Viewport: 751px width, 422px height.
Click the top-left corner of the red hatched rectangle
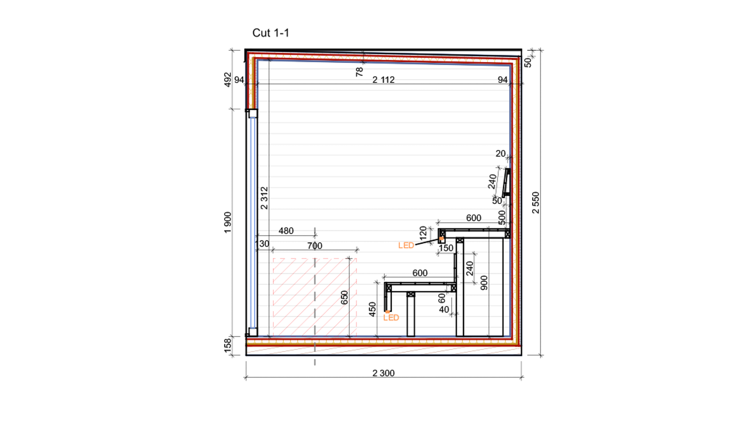[x=273, y=258]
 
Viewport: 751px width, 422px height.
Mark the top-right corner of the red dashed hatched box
[x=356, y=258]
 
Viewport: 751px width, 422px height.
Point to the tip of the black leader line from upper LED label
[x=440, y=239]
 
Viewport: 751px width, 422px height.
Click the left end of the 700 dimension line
[x=273, y=250]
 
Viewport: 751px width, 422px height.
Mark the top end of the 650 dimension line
[x=349, y=258]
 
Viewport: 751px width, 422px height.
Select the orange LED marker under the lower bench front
[x=388, y=312]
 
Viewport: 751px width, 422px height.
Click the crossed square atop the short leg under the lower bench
[x=411, y=294]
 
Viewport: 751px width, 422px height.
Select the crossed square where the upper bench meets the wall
[x=507, y=234]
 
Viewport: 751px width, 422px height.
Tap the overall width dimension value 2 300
[x=383, y=373]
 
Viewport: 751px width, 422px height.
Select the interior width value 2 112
[x=383, y=80]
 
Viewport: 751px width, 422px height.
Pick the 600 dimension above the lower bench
[x=420, y=273]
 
